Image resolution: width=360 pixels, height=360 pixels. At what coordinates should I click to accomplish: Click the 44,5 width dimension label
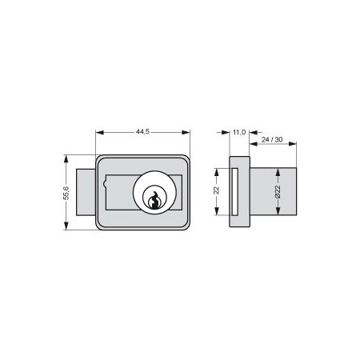tap(142, 132)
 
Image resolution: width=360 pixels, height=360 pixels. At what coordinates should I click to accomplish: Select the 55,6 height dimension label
tap(66, 193)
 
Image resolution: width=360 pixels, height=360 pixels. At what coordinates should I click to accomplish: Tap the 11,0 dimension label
tap(239, 132)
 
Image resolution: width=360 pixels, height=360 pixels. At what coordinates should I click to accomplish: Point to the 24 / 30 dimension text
tap(272, 139)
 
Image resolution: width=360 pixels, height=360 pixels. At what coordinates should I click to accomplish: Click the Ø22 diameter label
tap(278, 191)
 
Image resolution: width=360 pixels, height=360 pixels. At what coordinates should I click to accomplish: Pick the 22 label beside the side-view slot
tap(217, 190)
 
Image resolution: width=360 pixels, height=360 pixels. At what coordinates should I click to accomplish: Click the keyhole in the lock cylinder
tap(154, 200)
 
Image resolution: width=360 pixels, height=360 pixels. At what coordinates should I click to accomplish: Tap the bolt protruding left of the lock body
tap(86, 192)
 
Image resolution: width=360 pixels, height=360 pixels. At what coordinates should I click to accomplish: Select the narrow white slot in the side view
tap(235, 191)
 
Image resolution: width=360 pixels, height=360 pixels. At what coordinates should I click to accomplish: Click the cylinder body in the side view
tap(273, 191)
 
